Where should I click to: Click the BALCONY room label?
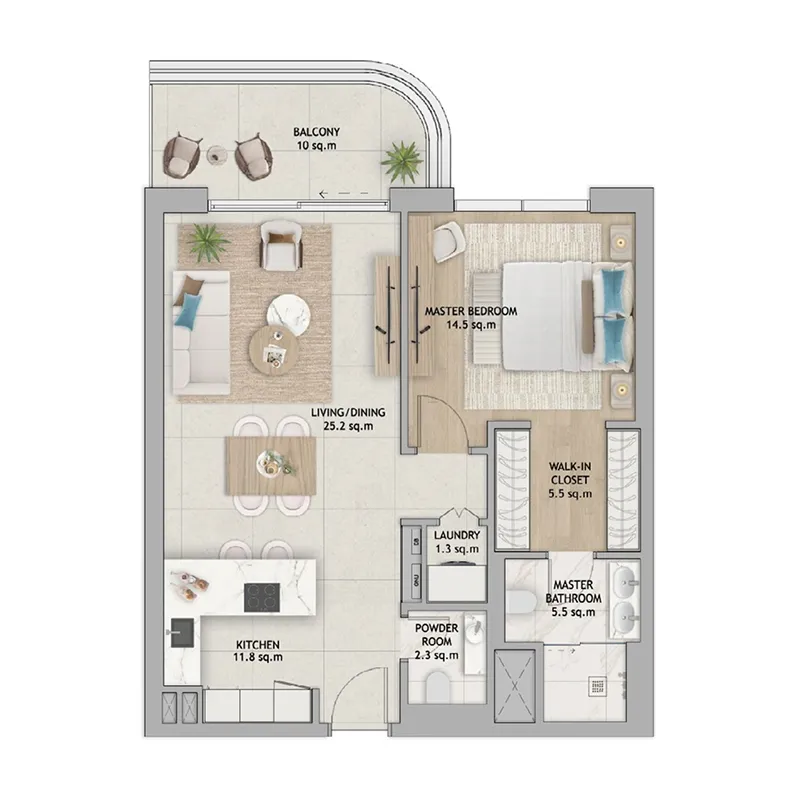[x=312, y=131]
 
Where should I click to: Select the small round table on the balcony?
[x=216, y=154]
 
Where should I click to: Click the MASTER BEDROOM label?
[x=471, y=311]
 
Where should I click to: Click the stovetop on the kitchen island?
[x=262, y=597]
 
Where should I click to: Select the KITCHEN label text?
[x=257, y=644]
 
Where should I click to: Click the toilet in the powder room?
[x=437, y=689]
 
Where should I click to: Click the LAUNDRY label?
[x=457, y=535]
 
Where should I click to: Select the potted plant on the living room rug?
[x=207, y=241]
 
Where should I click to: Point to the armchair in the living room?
[x=280, y=243]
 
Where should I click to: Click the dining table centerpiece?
[x=274, y=462]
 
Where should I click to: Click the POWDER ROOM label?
[x=437, y=635]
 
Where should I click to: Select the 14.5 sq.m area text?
[x=471, y=326]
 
